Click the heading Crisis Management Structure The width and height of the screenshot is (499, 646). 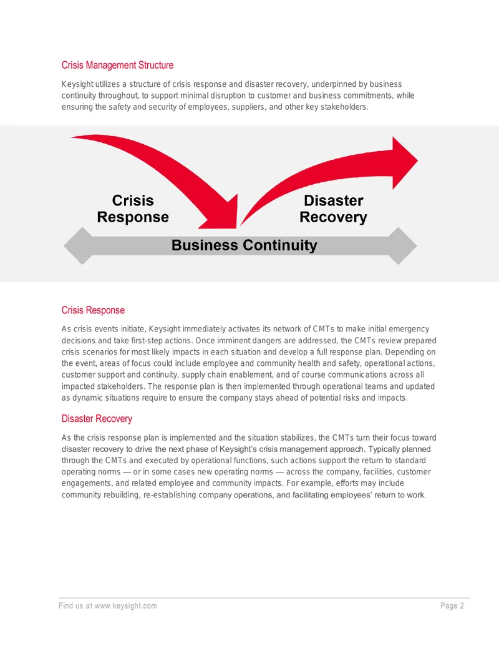click(x=117, y=65)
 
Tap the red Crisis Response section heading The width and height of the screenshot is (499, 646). click(x=93, y=310)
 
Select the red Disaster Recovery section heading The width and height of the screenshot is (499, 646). click(x=97, y=419)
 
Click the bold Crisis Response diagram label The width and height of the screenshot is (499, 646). click(x=133, y=209)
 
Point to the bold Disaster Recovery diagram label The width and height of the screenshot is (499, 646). click(x=333, y=209)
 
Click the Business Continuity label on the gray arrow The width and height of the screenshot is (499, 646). click(x=244, y=245)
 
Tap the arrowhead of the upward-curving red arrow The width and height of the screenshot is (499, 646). click(x=404, y=163)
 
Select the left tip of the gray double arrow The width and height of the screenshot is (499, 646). click(x=64, y=246)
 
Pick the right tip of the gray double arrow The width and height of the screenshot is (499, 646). click(x=416, y=246)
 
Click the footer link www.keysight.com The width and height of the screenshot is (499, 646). click(x=125, y=605)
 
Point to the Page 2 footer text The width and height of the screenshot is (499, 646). click(x=452, y=605)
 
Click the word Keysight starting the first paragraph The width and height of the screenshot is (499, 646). click(x=77, y=84)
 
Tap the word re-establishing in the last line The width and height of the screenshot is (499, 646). click(x=170, y=495)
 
